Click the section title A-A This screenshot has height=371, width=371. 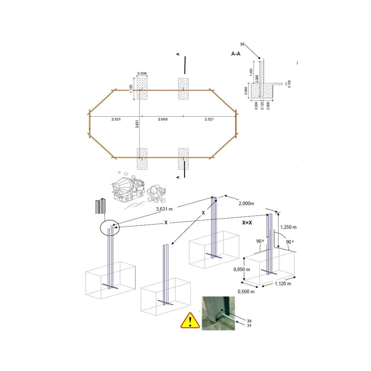236,54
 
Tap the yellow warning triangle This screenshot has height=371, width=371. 190,321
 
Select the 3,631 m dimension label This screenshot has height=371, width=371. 164,209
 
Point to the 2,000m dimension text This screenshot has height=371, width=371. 246,203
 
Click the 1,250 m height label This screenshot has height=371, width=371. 288,227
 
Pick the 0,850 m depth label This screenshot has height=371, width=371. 242,269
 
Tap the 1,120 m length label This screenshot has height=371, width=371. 283,283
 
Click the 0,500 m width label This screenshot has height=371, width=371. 246,292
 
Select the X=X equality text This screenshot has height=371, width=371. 247,223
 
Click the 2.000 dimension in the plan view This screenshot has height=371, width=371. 163,119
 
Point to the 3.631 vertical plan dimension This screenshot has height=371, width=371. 137,124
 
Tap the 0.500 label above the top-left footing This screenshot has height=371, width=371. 142,73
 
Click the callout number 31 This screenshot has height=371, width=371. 249,326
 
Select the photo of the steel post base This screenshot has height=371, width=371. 218,313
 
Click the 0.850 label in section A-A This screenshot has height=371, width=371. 246,91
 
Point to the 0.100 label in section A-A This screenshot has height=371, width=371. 289,84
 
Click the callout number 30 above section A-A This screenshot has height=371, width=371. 242,44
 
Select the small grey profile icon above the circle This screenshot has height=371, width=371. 100,206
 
